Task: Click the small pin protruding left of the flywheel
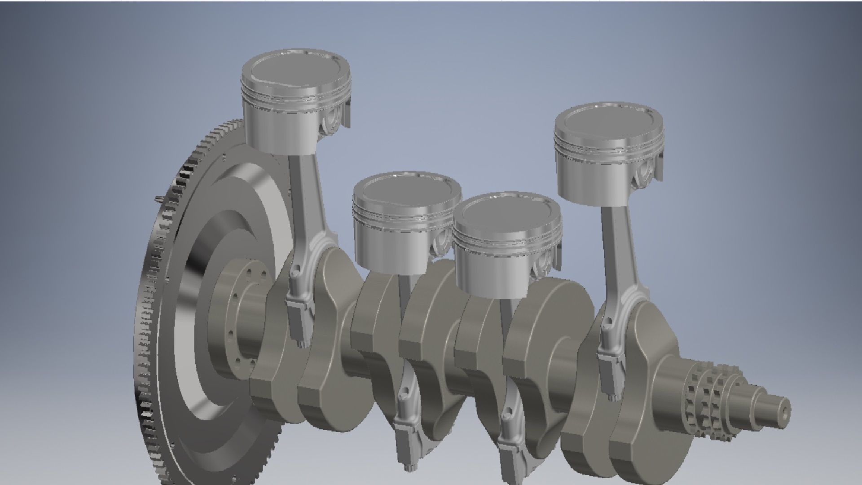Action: [157, 198]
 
